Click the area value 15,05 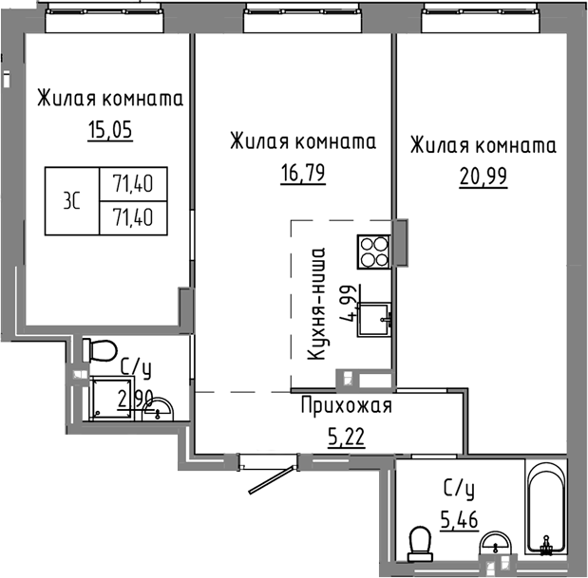click(x=109, y=130)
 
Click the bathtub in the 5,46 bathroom click(x=546, y=508)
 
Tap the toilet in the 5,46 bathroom click(x=417, y=543)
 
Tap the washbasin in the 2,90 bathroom click(x=162, y=409)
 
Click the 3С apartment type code click(x=70, y=200)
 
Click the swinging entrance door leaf click(x=272, y=478)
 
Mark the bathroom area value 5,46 click(x=459, y=518)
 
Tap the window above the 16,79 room click(x=293, y=11)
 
